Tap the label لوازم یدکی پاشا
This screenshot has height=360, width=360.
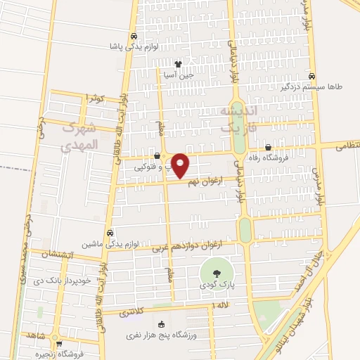click(x=164, y=46)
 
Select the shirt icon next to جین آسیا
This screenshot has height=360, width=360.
click(x=178, y=64)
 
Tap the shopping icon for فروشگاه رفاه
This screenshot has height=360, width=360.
click(x=268, y=147)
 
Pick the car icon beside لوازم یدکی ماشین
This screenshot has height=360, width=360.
click(x=110, y=233)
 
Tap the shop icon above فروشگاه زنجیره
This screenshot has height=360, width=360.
click(x=59, y=345)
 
